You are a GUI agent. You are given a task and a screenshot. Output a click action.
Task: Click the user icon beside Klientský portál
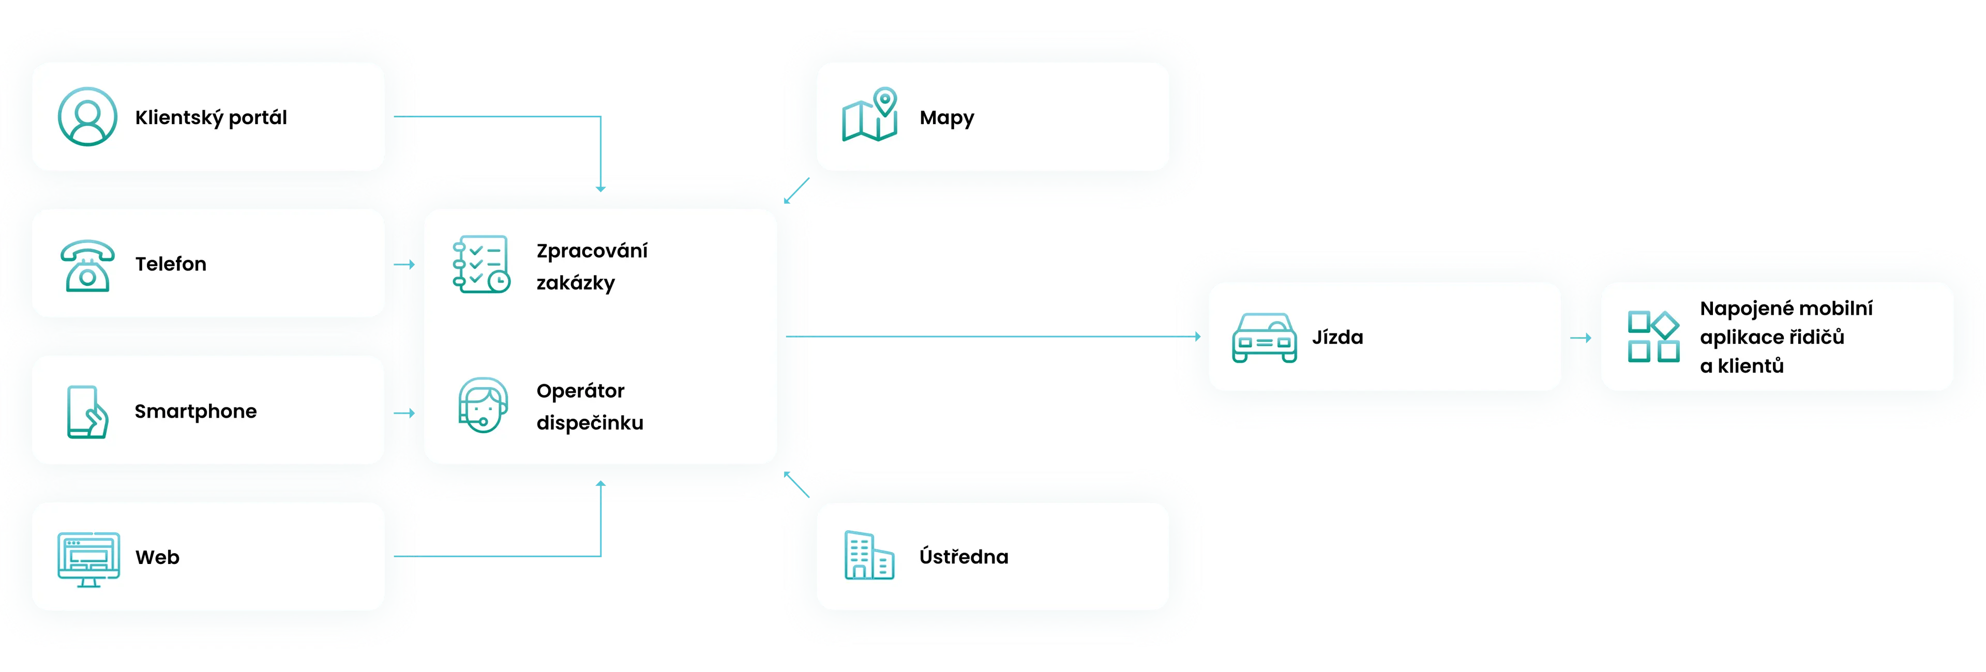(88, 116)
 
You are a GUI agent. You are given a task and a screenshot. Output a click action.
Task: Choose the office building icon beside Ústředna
(869, 555)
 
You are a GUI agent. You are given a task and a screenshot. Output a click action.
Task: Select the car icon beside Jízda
(1265, 338)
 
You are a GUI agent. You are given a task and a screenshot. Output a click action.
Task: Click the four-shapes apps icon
(1653, 337)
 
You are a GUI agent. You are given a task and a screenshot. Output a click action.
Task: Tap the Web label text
(157, 557)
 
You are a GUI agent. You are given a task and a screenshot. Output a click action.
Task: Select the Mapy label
(947, 118)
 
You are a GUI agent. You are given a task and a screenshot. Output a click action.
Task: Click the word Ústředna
(964, 556)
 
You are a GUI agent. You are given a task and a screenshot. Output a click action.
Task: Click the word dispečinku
(590, 423)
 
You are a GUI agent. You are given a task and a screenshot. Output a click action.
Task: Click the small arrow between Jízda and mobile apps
(1581, 338)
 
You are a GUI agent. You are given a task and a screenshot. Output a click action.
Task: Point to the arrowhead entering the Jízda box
(1197, 337)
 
